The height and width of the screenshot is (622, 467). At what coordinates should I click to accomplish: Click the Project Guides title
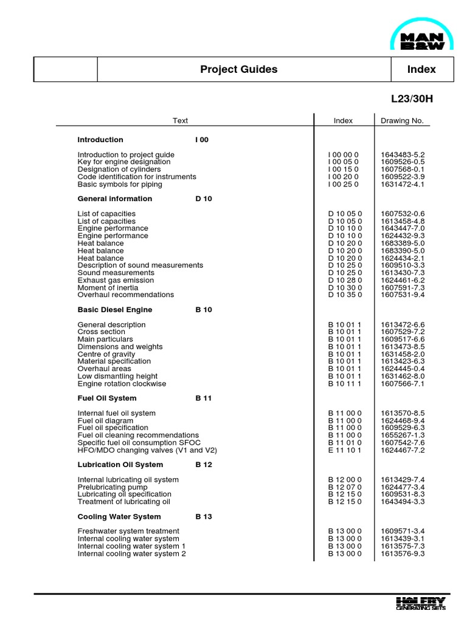(238, 69)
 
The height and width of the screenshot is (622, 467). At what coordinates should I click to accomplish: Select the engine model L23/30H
(413, 98)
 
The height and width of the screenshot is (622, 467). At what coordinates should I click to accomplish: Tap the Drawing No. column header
(401, 120)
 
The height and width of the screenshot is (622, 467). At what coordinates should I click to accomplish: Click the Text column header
(180, 120)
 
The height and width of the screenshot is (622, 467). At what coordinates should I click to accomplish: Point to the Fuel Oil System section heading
(107, 398)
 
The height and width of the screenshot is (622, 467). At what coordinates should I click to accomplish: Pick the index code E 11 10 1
(345, 450)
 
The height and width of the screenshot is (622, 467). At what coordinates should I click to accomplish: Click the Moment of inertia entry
(108, 287)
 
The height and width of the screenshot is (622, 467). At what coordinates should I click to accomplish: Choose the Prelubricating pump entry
(112, 487)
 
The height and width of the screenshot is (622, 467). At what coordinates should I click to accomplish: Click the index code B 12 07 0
(345, 487)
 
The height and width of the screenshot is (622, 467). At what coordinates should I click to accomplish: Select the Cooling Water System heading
(119, 517)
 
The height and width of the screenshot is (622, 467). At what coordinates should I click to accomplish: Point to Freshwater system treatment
(128, 531)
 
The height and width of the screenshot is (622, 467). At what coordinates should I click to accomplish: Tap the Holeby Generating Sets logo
(420, 603)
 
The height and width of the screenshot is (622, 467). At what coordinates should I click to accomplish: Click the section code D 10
(204, 199)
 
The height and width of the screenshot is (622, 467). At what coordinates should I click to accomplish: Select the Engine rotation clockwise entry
(122, 384)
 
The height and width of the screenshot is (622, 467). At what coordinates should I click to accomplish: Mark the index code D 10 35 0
(345, 295)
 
